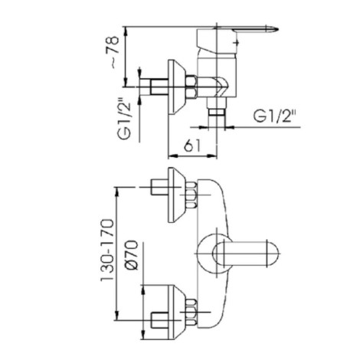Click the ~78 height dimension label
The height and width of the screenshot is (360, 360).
[114, 51]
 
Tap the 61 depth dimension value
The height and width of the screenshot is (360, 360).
[192, 145]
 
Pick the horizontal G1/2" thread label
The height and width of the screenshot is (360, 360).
[275, 116]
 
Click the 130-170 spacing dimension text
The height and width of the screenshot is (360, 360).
[107, 250]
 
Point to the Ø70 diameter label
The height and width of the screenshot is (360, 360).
[132, 255]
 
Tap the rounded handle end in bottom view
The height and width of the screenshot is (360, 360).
[273, 254]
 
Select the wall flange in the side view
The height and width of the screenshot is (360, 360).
[176, 87]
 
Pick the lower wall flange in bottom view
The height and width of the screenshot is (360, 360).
[176, 312]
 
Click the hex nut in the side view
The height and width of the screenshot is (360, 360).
[191, 87]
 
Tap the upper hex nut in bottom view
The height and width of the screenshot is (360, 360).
[191, 195]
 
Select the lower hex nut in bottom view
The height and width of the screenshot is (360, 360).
[191, 312]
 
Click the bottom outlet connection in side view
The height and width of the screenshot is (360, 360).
[217, 108]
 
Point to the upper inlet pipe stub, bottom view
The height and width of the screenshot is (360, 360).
[159, 188]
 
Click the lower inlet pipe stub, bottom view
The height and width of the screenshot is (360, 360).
[159, 320]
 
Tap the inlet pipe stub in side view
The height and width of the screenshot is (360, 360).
[154, 87]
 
